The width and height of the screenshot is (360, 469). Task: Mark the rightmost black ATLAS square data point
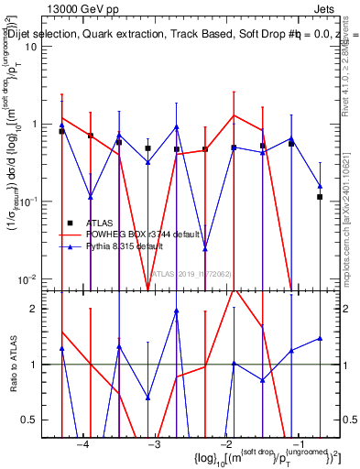coord(320,197)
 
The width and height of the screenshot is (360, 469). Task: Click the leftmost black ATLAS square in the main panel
coord(61,131)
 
